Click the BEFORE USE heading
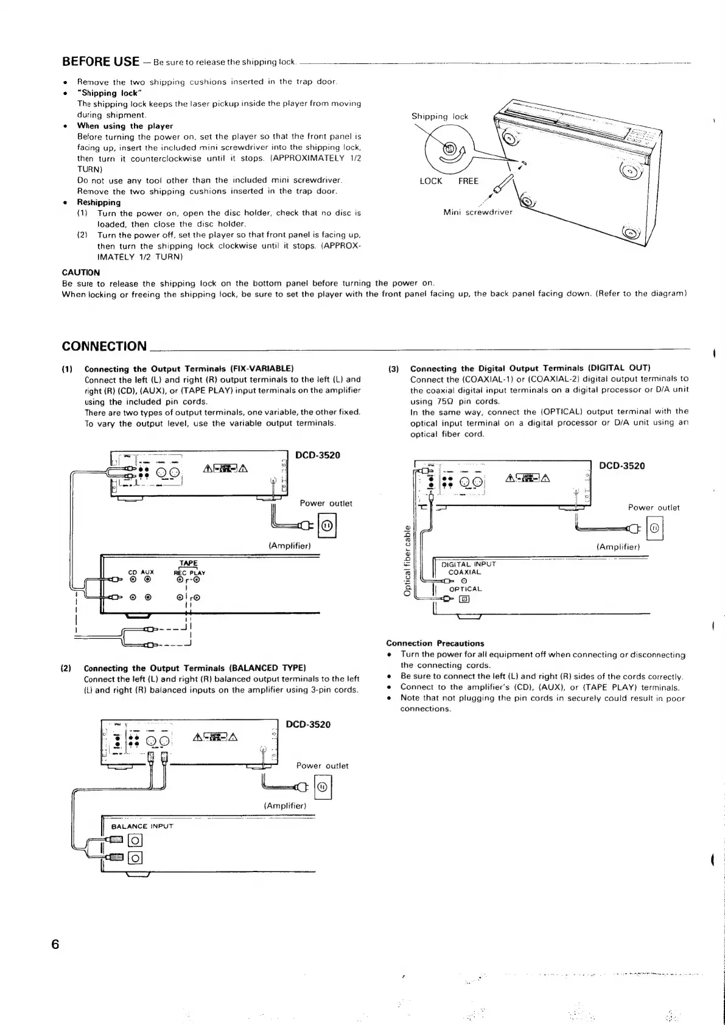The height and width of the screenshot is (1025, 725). point(101,62)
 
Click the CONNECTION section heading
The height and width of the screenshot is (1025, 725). point(104,347)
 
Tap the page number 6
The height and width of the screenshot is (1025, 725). point(55,945)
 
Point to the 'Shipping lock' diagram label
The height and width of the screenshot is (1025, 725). point(440,116)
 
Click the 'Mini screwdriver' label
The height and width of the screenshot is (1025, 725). point(478,213)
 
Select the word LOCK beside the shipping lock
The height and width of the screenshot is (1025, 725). point(431,181)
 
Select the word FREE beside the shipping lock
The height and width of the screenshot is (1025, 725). point(468,181)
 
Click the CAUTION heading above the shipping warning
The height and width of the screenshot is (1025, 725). point(81,272)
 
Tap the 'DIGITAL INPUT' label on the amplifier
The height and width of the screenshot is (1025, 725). point(469,564)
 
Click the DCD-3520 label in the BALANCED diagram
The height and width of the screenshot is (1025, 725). point(308,724)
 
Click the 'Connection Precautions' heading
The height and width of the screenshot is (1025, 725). point(435,643)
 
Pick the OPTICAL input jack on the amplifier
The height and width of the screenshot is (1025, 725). point(464,599)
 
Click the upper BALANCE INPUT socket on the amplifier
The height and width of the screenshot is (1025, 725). point(135,841)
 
